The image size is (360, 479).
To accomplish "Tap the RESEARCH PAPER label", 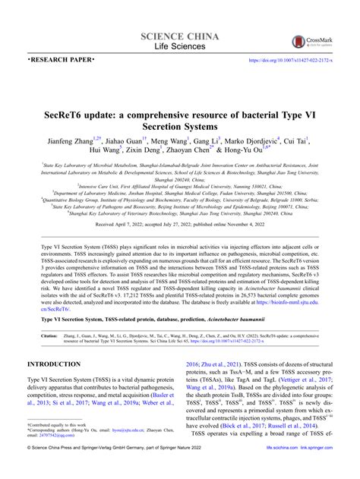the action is (x=62, y=59).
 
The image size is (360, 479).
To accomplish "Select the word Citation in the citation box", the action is (x=50, y=334).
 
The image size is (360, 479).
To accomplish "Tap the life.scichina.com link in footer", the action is (x=273, y=470).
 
